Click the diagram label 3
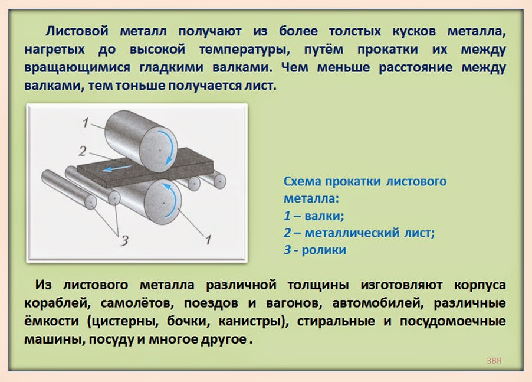click(123, 240)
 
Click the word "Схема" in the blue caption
click(303, 181)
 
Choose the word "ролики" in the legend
click(324, 250)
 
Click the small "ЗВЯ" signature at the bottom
click(494, 360)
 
